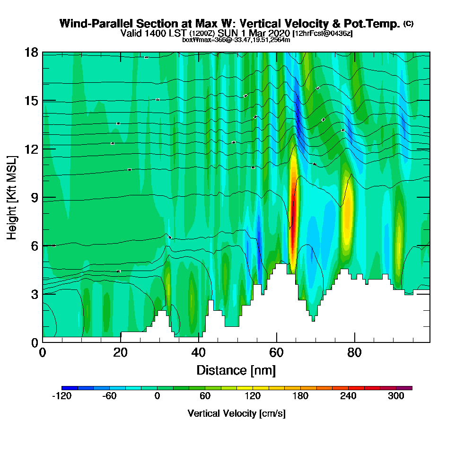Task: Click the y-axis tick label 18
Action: pos(31,53)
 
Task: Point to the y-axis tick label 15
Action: pos(31,101)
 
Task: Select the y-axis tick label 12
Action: pos(31,149)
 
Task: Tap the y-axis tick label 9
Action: pos(34,197)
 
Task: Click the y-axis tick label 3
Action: pos(34,294)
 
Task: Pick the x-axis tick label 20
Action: pos(121,353)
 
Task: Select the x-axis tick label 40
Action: pos(199,353)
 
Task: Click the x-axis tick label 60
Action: pos(277,353)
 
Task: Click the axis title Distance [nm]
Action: pos(236,370)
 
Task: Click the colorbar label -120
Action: pos(61,396)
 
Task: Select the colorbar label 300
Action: pos(396,396)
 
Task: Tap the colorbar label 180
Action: pos(301,396)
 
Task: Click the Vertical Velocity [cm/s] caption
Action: pos(236,413)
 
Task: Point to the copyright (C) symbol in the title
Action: pos(408,24)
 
